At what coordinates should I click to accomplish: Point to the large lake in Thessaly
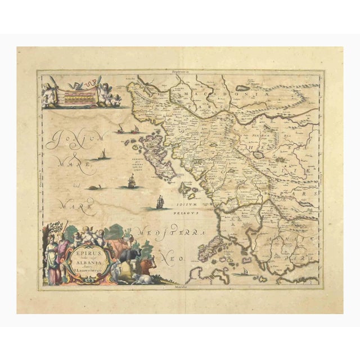259,154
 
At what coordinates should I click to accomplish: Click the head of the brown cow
148,263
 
